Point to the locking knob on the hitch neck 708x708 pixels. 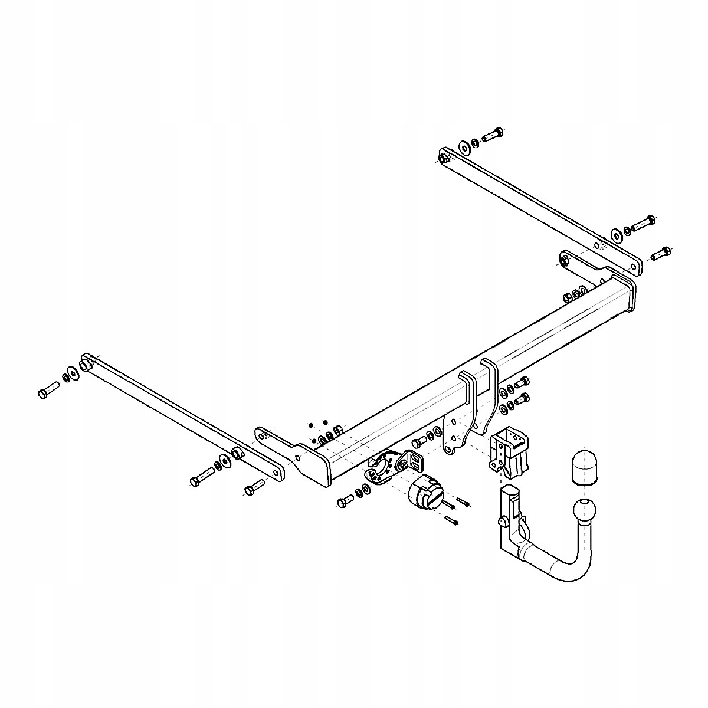point(503,521)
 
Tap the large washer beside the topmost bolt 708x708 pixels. point(464,145)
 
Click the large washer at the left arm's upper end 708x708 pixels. point(73,372)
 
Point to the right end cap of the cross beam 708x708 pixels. point(631,294)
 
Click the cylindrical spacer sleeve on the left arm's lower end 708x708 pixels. point(237,453)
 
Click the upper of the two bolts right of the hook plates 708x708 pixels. point(522,382)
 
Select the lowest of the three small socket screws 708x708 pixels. point(452,520)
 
